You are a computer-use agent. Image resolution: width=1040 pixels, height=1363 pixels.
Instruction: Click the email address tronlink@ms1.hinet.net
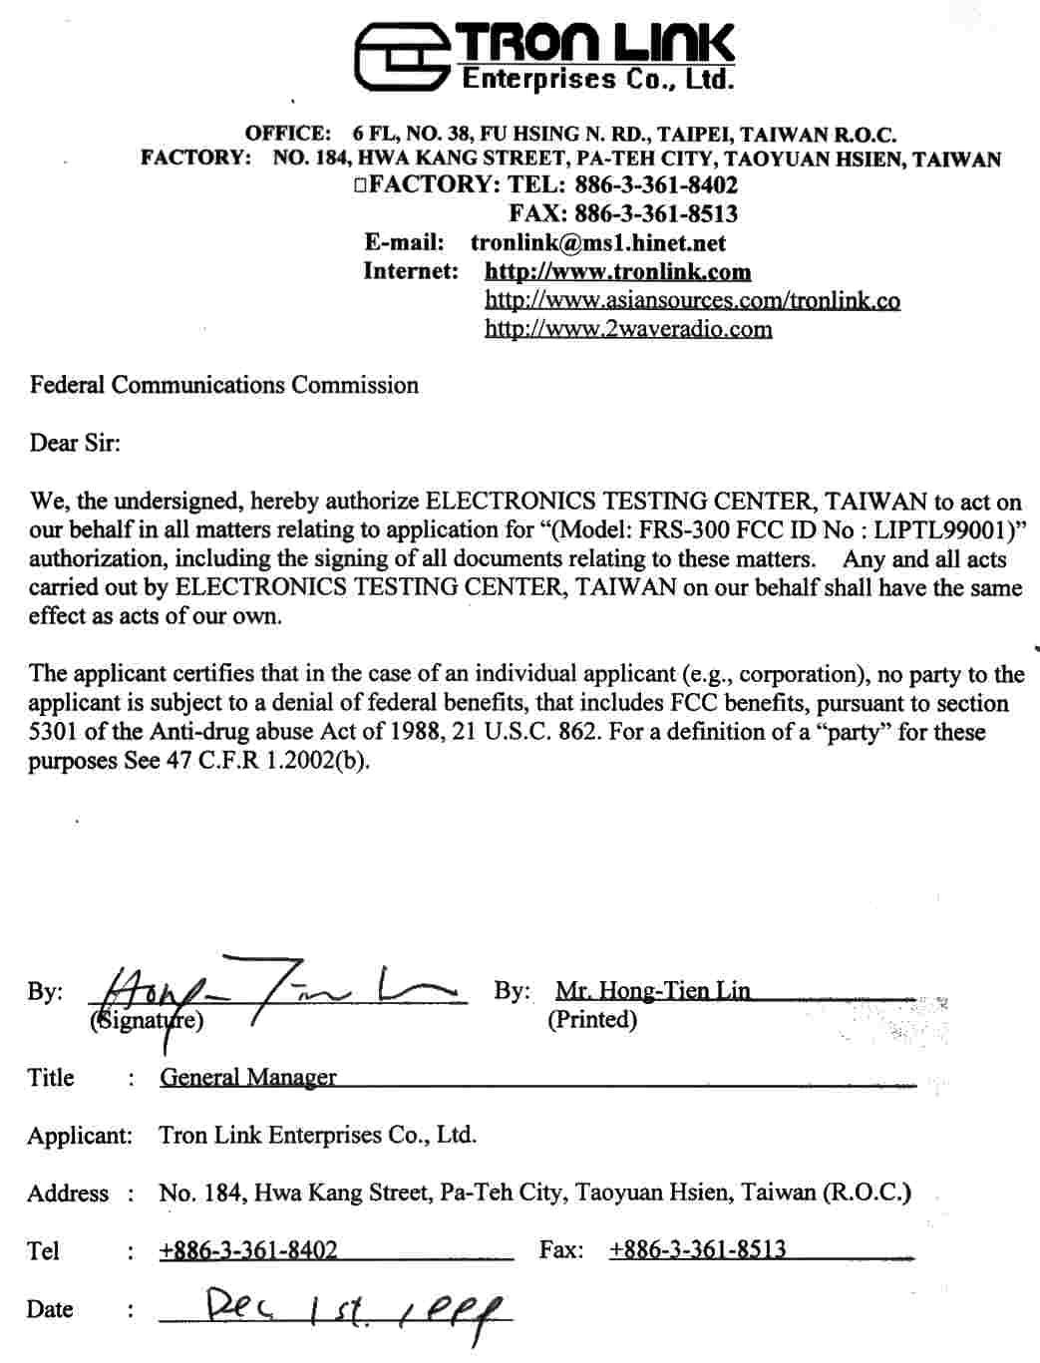(597, 242)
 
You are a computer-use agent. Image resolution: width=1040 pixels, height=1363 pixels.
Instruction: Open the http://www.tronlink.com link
(617, 271)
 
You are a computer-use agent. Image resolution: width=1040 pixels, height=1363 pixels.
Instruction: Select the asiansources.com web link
(692, 300)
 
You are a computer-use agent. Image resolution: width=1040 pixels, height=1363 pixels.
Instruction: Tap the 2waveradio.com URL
(628, 329)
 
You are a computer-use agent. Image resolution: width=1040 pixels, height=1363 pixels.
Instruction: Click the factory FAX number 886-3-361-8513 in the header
(655, 213)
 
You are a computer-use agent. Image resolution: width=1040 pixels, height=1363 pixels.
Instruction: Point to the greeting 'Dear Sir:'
(75, 443)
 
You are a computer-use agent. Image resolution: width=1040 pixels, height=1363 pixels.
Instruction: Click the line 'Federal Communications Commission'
(223, 385)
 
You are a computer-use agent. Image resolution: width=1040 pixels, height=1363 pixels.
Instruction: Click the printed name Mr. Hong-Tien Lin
(652, 991)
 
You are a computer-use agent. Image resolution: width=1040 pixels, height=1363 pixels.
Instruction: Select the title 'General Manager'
(247, 1077)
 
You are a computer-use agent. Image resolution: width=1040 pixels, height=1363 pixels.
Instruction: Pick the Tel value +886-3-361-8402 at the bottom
(247, 1250)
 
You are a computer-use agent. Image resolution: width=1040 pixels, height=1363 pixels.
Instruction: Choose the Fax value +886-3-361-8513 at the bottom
(697, 1249)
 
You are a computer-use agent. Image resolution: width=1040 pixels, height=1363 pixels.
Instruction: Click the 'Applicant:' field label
(79, 1135)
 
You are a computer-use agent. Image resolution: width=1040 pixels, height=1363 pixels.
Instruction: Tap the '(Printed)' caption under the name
(591, 1019)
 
